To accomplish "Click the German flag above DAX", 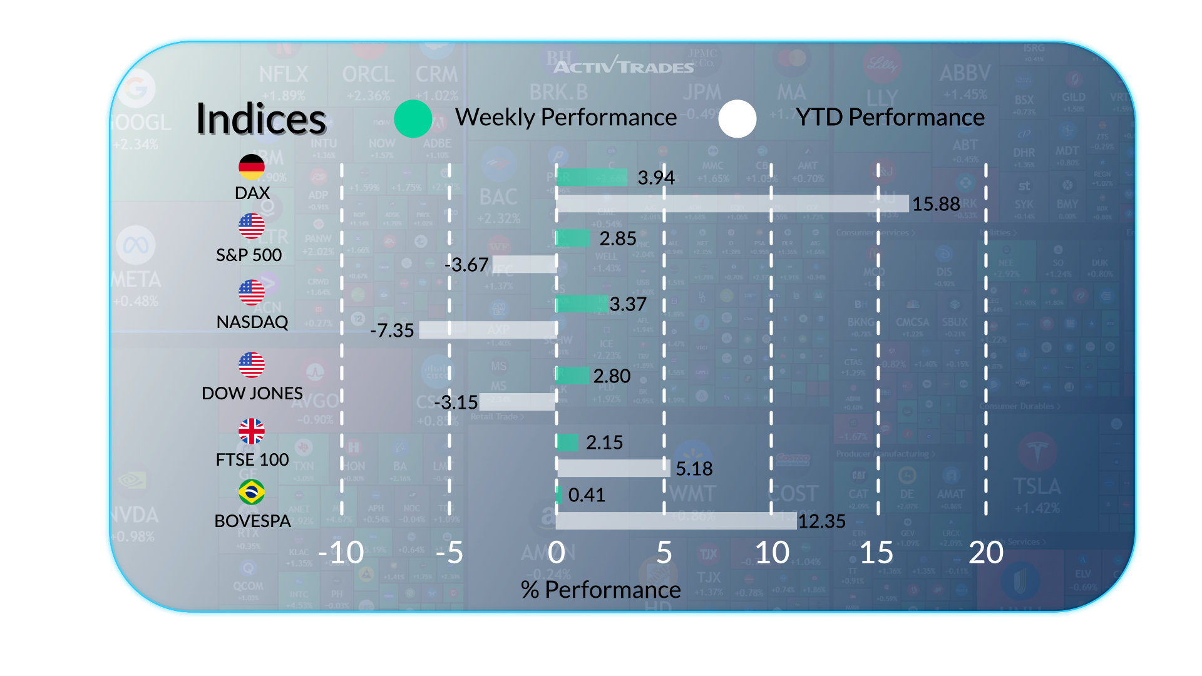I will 252,167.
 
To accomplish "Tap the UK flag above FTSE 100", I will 252,431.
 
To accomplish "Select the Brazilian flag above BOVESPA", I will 252,492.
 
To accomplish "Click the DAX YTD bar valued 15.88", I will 732,203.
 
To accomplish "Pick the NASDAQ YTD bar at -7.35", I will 488,330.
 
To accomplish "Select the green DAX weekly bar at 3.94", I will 592,177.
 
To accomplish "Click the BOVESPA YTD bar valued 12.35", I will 676,521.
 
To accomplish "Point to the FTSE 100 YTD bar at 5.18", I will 613,468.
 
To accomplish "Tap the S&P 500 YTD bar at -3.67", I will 524,264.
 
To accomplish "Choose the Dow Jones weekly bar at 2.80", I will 573,376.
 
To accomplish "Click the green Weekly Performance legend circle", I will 413,118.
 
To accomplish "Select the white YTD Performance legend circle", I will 737,118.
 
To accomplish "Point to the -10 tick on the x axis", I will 341,553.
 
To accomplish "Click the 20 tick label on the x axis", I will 985,553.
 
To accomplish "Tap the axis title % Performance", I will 600,590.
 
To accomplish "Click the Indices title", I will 261,119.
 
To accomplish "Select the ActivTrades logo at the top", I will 624,66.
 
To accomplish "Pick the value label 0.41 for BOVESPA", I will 587,495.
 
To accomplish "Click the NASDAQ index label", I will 252,322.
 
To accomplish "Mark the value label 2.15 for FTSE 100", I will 604,443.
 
